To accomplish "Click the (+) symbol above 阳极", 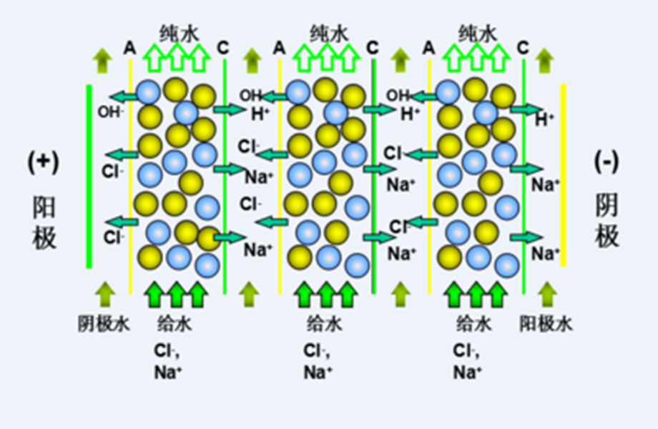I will pos(43,162).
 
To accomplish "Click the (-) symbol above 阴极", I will pos(607,162).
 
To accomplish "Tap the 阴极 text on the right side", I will pos(607,222).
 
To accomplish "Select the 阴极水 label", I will pos(104,324).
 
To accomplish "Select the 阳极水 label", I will pos(546,324).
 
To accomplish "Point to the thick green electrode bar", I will pos(89,176).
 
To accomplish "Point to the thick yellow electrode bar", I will pos(564,176).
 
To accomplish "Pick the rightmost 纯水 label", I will pos(477,32).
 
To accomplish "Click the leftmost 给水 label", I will pos(175,324).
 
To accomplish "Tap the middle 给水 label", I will pos(325,324).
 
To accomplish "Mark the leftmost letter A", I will pos(129,48).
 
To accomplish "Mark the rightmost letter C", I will pos(524,48).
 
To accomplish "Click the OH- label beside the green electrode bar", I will pos(110,112).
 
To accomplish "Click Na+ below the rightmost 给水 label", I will pos(468,371).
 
